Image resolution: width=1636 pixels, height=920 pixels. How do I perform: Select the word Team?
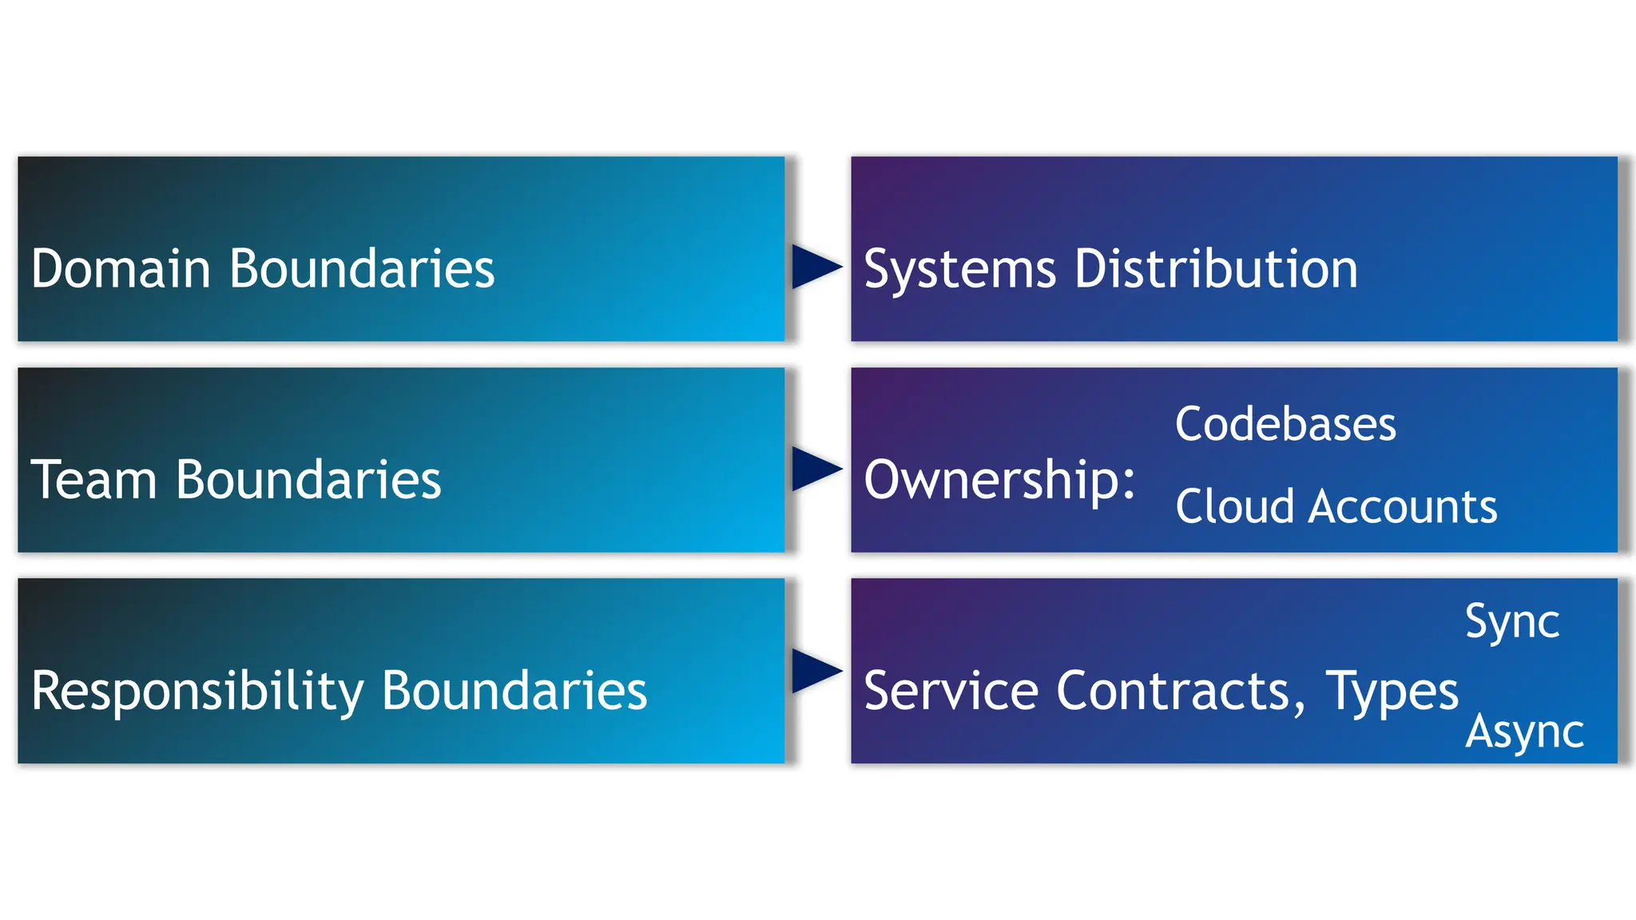[93, 480]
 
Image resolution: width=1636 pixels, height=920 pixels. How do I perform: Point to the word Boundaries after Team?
[308, 480]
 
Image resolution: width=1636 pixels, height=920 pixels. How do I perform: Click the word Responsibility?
[197, 692]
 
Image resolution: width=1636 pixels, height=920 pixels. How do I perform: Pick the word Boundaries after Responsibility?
[514, 691]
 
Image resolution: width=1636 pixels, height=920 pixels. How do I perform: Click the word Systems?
[960, 270]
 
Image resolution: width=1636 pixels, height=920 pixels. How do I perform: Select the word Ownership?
[999, 481]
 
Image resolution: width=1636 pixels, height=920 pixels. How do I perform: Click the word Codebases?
[1285, 424]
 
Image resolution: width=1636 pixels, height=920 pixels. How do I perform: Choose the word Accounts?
[1403, 507]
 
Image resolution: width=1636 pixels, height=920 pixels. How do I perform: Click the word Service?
[951, 691]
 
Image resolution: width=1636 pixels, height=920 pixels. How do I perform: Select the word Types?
[1392, 692]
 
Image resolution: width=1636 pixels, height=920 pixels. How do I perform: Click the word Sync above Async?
[1512, 623]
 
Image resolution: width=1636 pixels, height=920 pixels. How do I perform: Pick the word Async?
[1524, 732]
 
